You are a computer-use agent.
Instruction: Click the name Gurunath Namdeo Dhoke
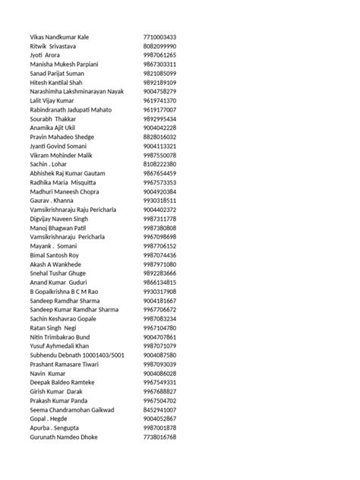tap(65, 437)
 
